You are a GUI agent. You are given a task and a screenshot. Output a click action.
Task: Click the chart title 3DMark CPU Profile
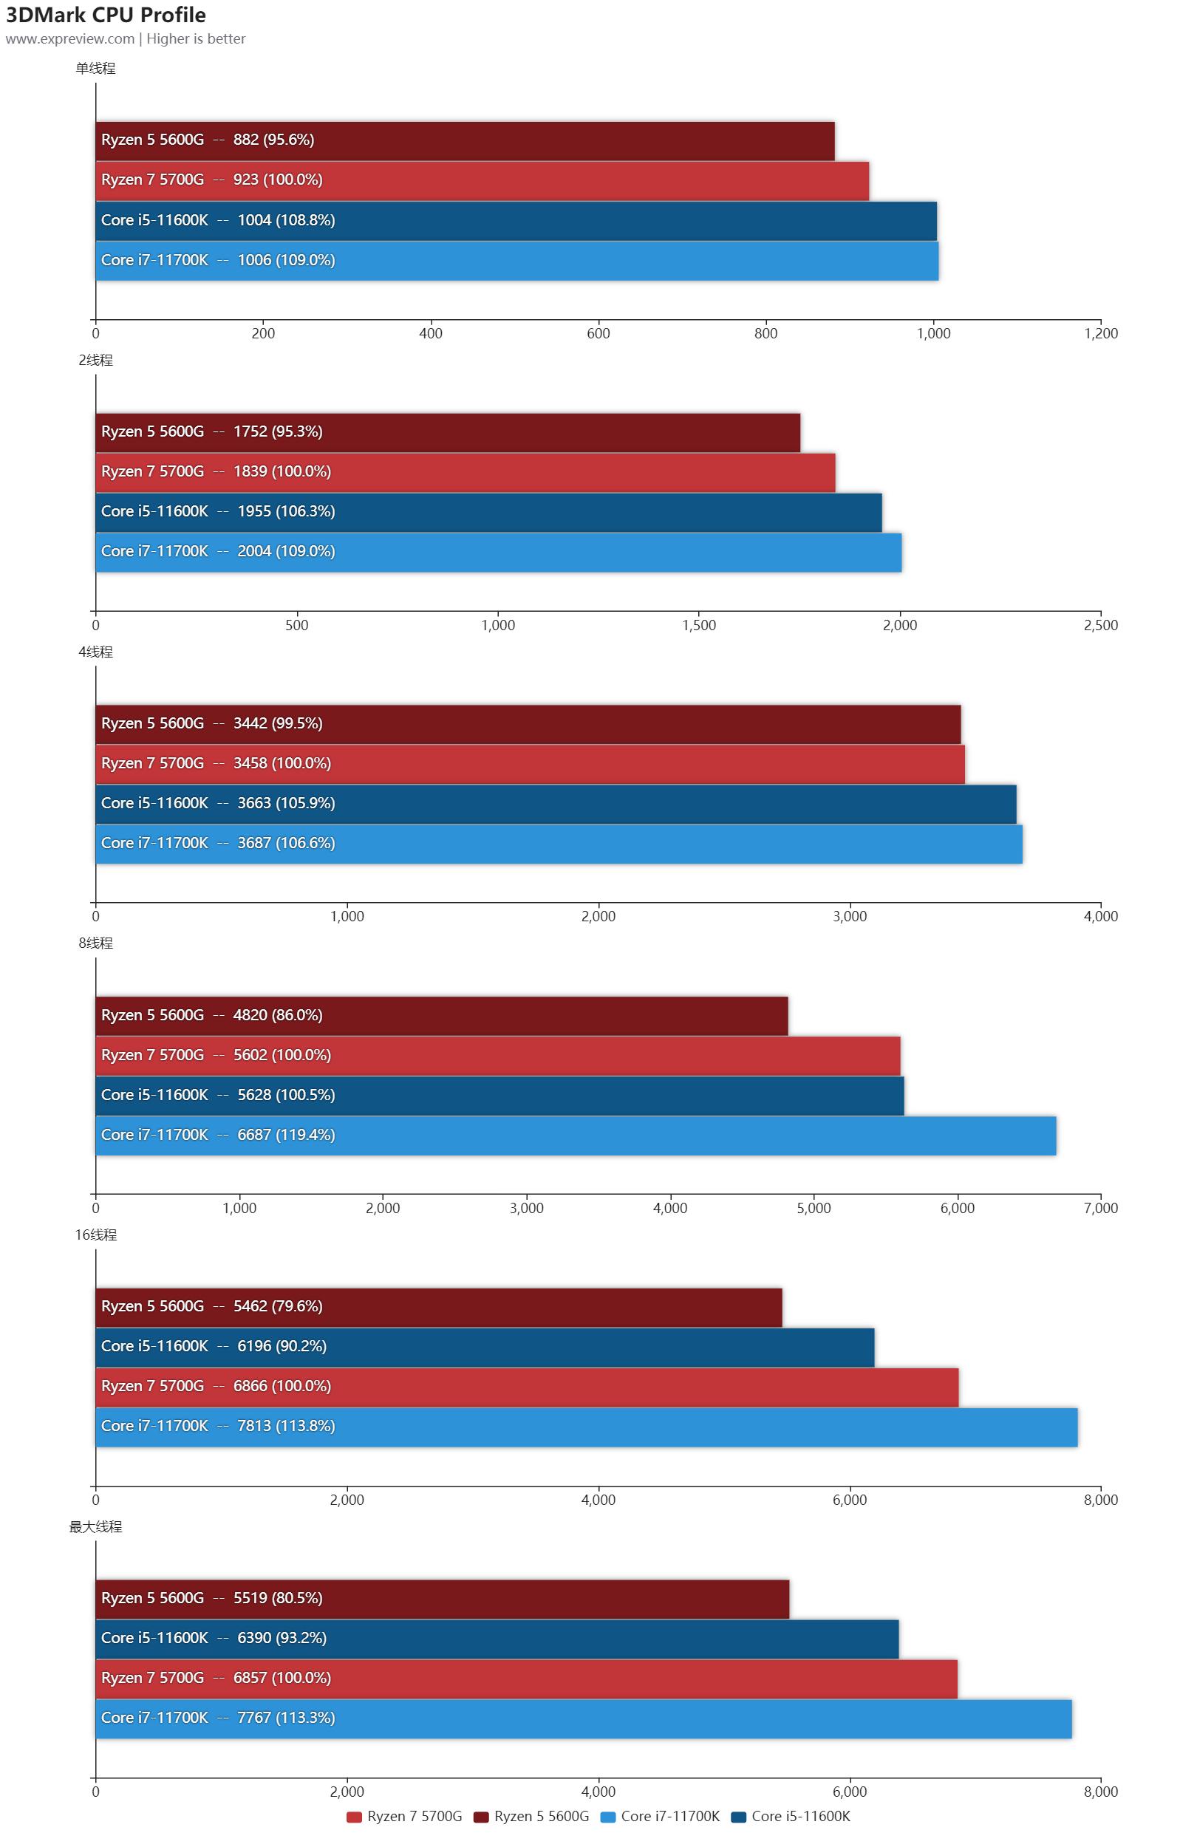click(106, 15)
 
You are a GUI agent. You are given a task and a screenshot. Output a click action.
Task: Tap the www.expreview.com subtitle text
click(70, 39)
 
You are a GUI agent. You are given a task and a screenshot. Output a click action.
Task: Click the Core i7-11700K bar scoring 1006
click(516, 261)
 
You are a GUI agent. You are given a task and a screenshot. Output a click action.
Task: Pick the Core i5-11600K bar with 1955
click(488, 512)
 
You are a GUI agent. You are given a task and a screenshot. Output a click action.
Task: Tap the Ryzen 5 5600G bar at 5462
click(439, 1307)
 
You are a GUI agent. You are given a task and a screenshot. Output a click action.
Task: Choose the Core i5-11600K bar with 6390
click(497, 1638)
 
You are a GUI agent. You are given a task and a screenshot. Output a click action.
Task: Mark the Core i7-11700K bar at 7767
click(583, 1718)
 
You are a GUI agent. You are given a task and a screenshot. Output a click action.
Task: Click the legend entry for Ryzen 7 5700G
click(404, 1816)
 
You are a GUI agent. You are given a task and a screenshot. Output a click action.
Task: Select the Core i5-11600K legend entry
click(791, 1816)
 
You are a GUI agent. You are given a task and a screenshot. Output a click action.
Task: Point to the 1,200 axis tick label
click(1101, 334)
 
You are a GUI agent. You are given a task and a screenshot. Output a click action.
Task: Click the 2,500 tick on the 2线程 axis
click(1101, 626)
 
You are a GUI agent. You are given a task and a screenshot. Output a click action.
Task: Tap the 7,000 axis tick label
click(1101, 1209)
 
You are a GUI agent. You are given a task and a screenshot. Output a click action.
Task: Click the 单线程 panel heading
click(95, 68)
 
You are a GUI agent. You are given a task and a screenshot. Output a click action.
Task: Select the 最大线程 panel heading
click(95, 1526)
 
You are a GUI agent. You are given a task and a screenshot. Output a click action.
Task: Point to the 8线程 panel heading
click(95, 943)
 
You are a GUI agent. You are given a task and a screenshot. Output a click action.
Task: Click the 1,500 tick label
click(699, 626)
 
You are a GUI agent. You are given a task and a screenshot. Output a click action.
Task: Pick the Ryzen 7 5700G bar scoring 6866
click(526, 1387)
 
